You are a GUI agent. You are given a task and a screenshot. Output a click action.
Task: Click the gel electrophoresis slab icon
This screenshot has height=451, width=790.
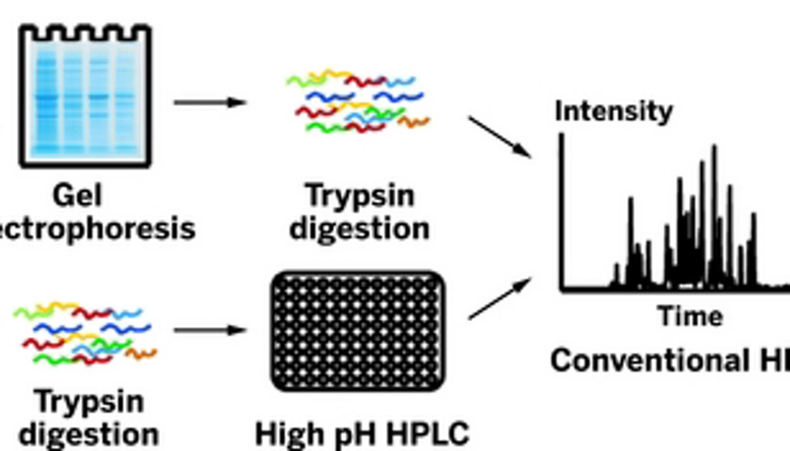85,97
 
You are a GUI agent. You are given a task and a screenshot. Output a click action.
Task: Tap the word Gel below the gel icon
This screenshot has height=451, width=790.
77,196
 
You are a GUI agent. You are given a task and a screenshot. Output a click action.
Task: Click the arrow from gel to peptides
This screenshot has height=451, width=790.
209,102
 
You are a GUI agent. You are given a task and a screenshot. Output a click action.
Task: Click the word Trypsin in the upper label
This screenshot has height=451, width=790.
360,196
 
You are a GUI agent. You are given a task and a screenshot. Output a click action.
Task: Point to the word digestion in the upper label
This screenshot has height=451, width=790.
359,228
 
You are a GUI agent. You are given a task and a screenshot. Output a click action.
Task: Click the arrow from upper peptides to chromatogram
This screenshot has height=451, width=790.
499,137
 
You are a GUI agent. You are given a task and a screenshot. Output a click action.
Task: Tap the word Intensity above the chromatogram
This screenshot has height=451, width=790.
613,111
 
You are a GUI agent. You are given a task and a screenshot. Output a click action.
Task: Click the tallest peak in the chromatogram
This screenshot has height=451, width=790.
714,150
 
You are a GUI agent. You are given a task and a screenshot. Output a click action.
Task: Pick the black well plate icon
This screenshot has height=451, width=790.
358,331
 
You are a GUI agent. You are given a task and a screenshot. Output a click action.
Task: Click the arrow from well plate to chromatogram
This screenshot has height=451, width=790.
499,298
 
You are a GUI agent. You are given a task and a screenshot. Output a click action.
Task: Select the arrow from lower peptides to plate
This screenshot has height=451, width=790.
209,330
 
